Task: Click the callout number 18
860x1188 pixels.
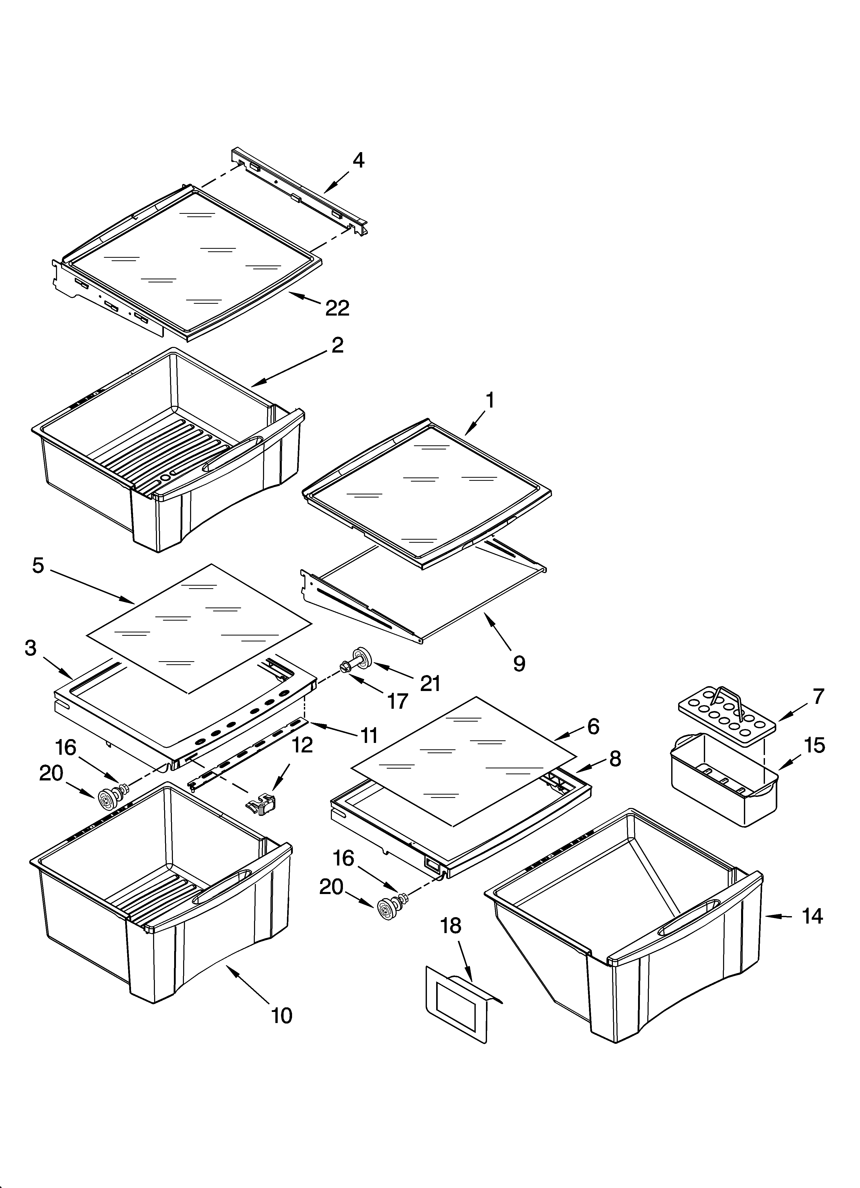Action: pos(451,926)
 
